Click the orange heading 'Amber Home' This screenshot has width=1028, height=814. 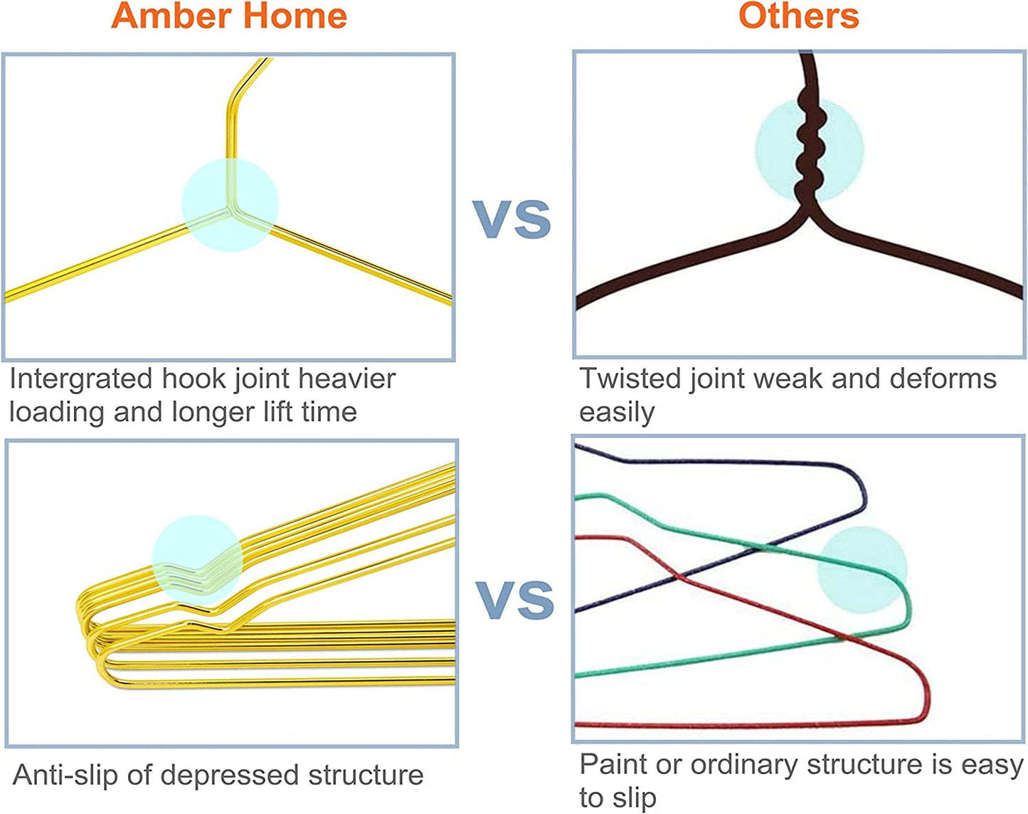coord(229,16)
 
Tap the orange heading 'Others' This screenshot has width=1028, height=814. coord(798,16)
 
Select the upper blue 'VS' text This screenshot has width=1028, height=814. coord(512,219)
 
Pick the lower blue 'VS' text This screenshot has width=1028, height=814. coord(515,600)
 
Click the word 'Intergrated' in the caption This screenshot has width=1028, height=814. coord(80,379)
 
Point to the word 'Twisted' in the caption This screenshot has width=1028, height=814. coord(630,379)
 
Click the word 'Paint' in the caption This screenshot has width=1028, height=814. coord(613,764)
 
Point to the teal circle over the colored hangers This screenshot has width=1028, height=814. coord(862,570)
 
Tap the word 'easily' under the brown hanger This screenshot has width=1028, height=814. coord(616,413)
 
